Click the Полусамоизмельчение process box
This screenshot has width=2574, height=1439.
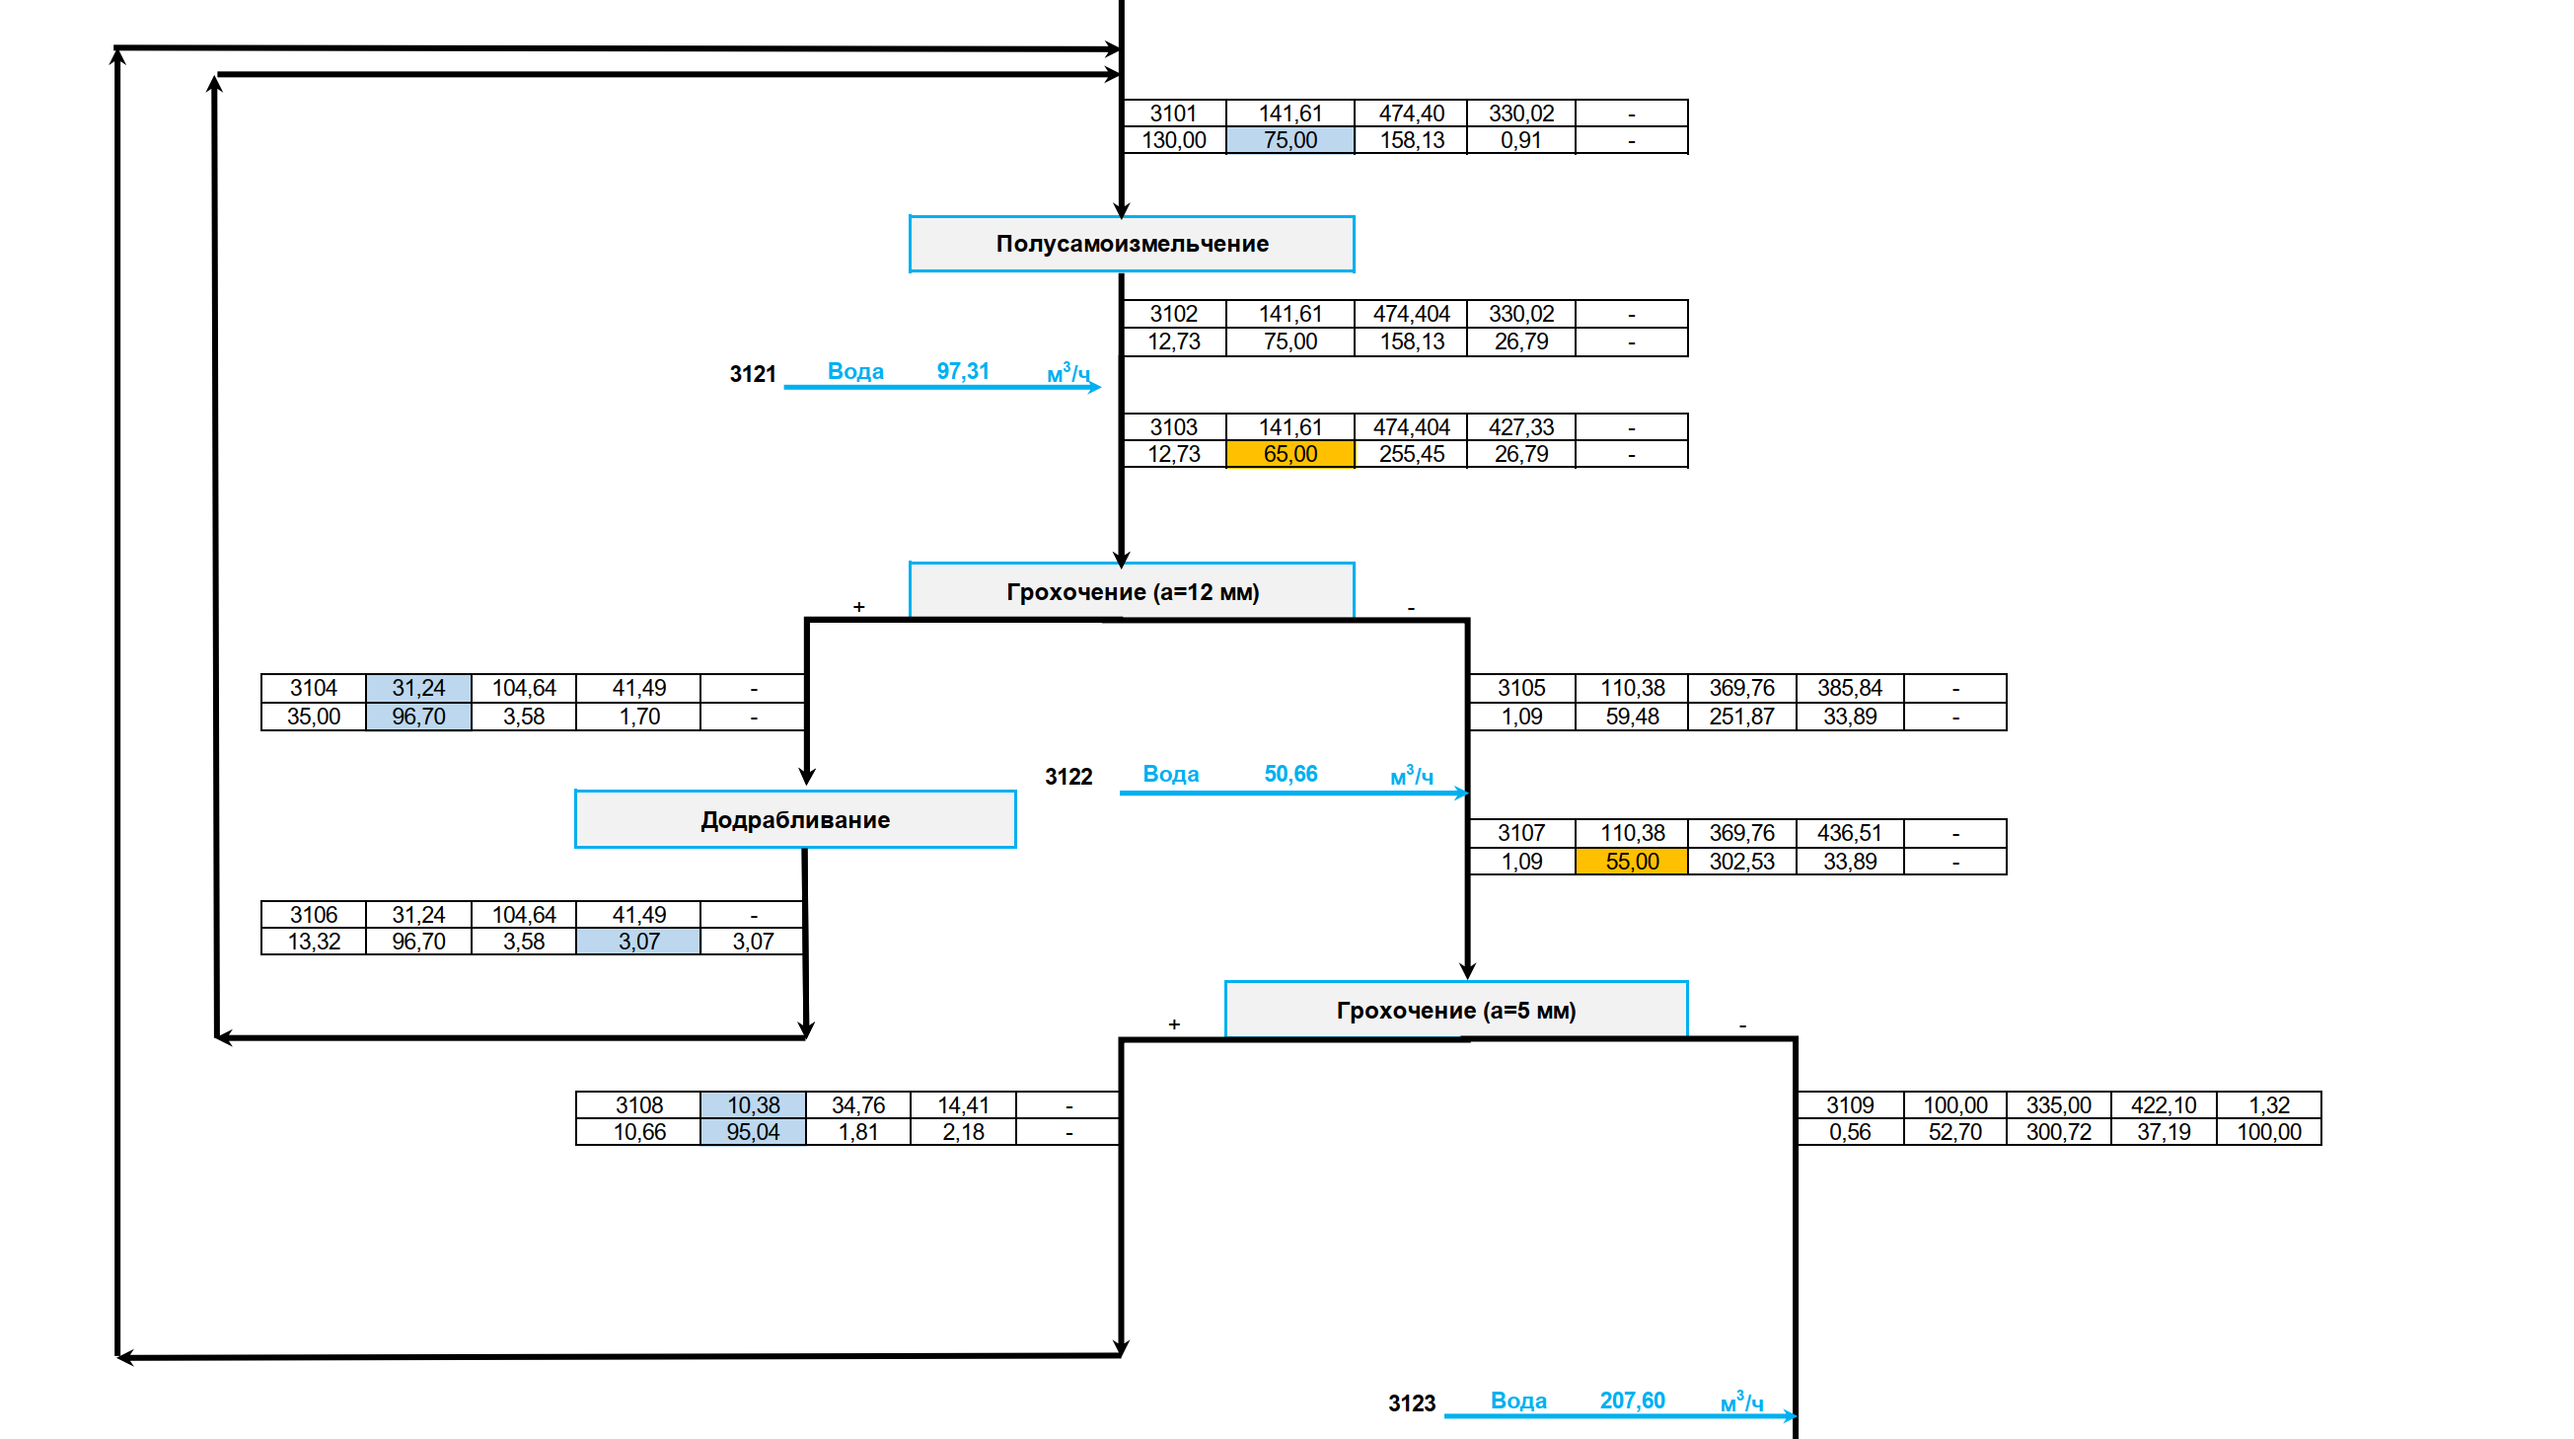click(1132, 244)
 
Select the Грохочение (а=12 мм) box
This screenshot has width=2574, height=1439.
click(1132, 591)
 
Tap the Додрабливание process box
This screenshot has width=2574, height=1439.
click(794, 819)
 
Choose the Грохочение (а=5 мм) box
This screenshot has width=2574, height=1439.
click(1455, 1011)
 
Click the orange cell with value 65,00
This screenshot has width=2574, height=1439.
click(1289, 455)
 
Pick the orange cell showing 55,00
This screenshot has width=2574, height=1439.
click(1631, 862)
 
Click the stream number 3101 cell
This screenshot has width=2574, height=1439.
click(1173, 114)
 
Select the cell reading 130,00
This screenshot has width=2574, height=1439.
click(1173, 141)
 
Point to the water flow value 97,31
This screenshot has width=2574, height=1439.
click(962, 372)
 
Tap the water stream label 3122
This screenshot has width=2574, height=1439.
click(1068, 777)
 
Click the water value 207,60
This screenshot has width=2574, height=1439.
click(1632, 1401)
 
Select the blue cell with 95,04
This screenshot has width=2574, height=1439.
click(753, 1132)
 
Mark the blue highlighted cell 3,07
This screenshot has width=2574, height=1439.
click(638, 942)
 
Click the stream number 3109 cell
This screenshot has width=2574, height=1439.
click(1850, 1105)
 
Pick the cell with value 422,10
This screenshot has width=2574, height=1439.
click(2163, 1105)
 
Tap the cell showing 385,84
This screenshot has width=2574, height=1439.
click(1849, 689)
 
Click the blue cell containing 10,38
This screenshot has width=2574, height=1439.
click(753, 1105)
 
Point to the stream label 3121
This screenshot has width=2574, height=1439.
click(753, 375)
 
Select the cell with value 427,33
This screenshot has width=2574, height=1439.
click(1520, 427)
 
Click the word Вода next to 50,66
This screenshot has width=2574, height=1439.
click(1170, 775)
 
